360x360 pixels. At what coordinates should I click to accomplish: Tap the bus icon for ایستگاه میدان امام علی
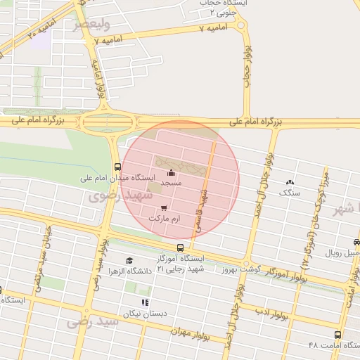tap(117, 167)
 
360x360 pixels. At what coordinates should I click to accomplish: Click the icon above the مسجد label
tap(171, 173)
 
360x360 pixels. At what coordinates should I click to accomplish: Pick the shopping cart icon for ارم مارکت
tap(164, 207)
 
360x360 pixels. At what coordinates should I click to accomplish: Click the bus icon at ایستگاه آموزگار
tap(181, 247)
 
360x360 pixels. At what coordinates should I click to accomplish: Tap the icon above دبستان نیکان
tap(145, 302)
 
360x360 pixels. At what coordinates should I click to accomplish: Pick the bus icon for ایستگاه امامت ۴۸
tap(337, 335)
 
